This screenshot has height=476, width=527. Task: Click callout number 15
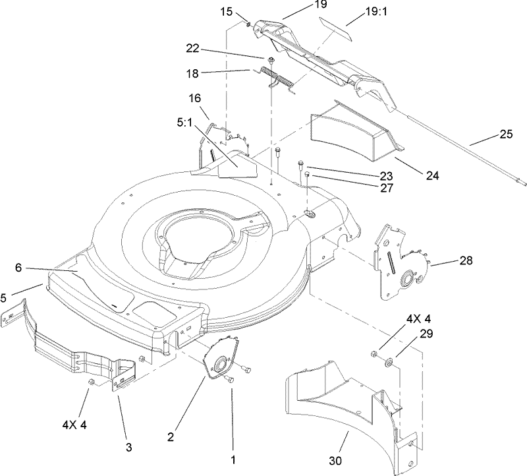[x=226, y=11]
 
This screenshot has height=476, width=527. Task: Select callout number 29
[x=427, y=334]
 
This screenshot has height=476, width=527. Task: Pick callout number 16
[x=195, y=98]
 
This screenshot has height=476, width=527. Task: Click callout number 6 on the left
[x=18, y=268]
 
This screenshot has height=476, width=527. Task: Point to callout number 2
[x=171, y=436]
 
